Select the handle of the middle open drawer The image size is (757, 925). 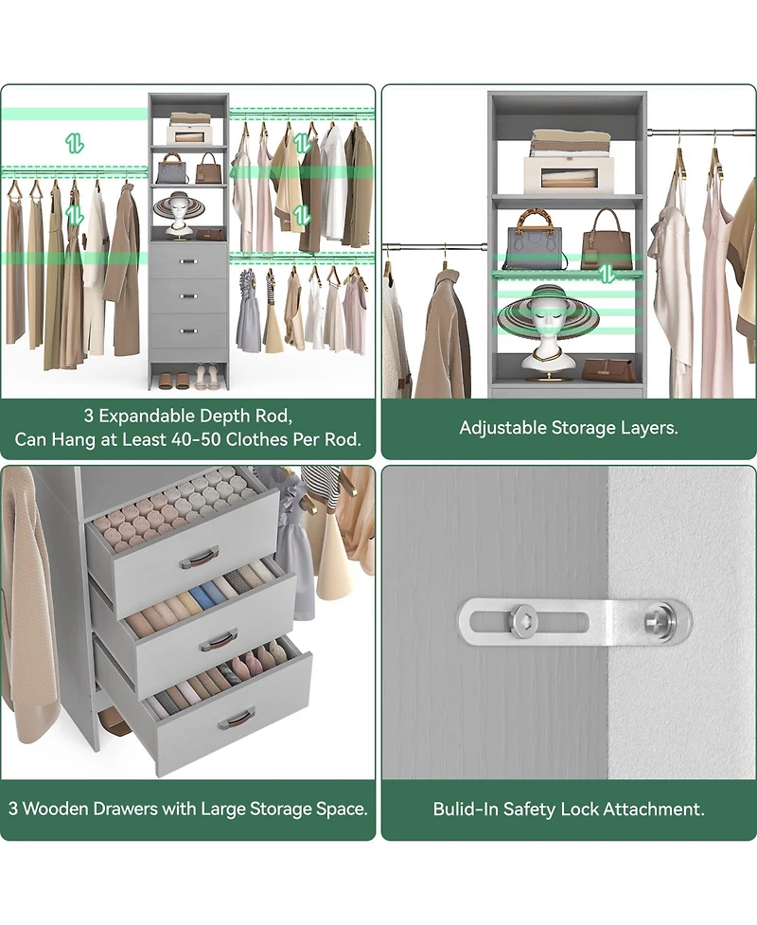coord(217,642)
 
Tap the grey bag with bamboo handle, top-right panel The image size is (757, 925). coord(537,242)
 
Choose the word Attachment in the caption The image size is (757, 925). coord(665,809)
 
